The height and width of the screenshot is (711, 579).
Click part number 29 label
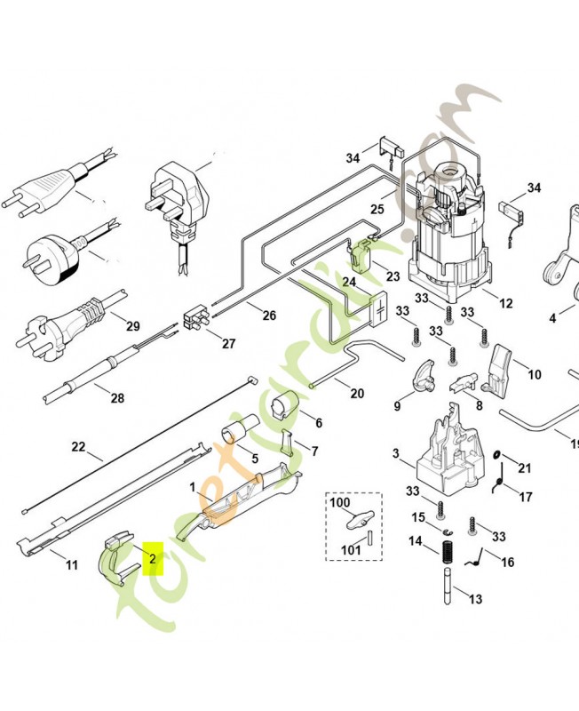(133, 326)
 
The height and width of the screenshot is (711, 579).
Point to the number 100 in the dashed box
(341, 502)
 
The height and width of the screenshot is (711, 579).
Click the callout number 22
(78, 446)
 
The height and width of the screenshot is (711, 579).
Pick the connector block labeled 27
(195, 318)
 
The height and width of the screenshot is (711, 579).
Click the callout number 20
(357, 394)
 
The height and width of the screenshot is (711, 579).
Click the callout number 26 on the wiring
(268, 315)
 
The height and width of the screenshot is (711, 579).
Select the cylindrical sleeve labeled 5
(234, 435)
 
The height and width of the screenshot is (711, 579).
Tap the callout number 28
(117, 397)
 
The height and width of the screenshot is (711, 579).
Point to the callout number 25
(377, 210)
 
